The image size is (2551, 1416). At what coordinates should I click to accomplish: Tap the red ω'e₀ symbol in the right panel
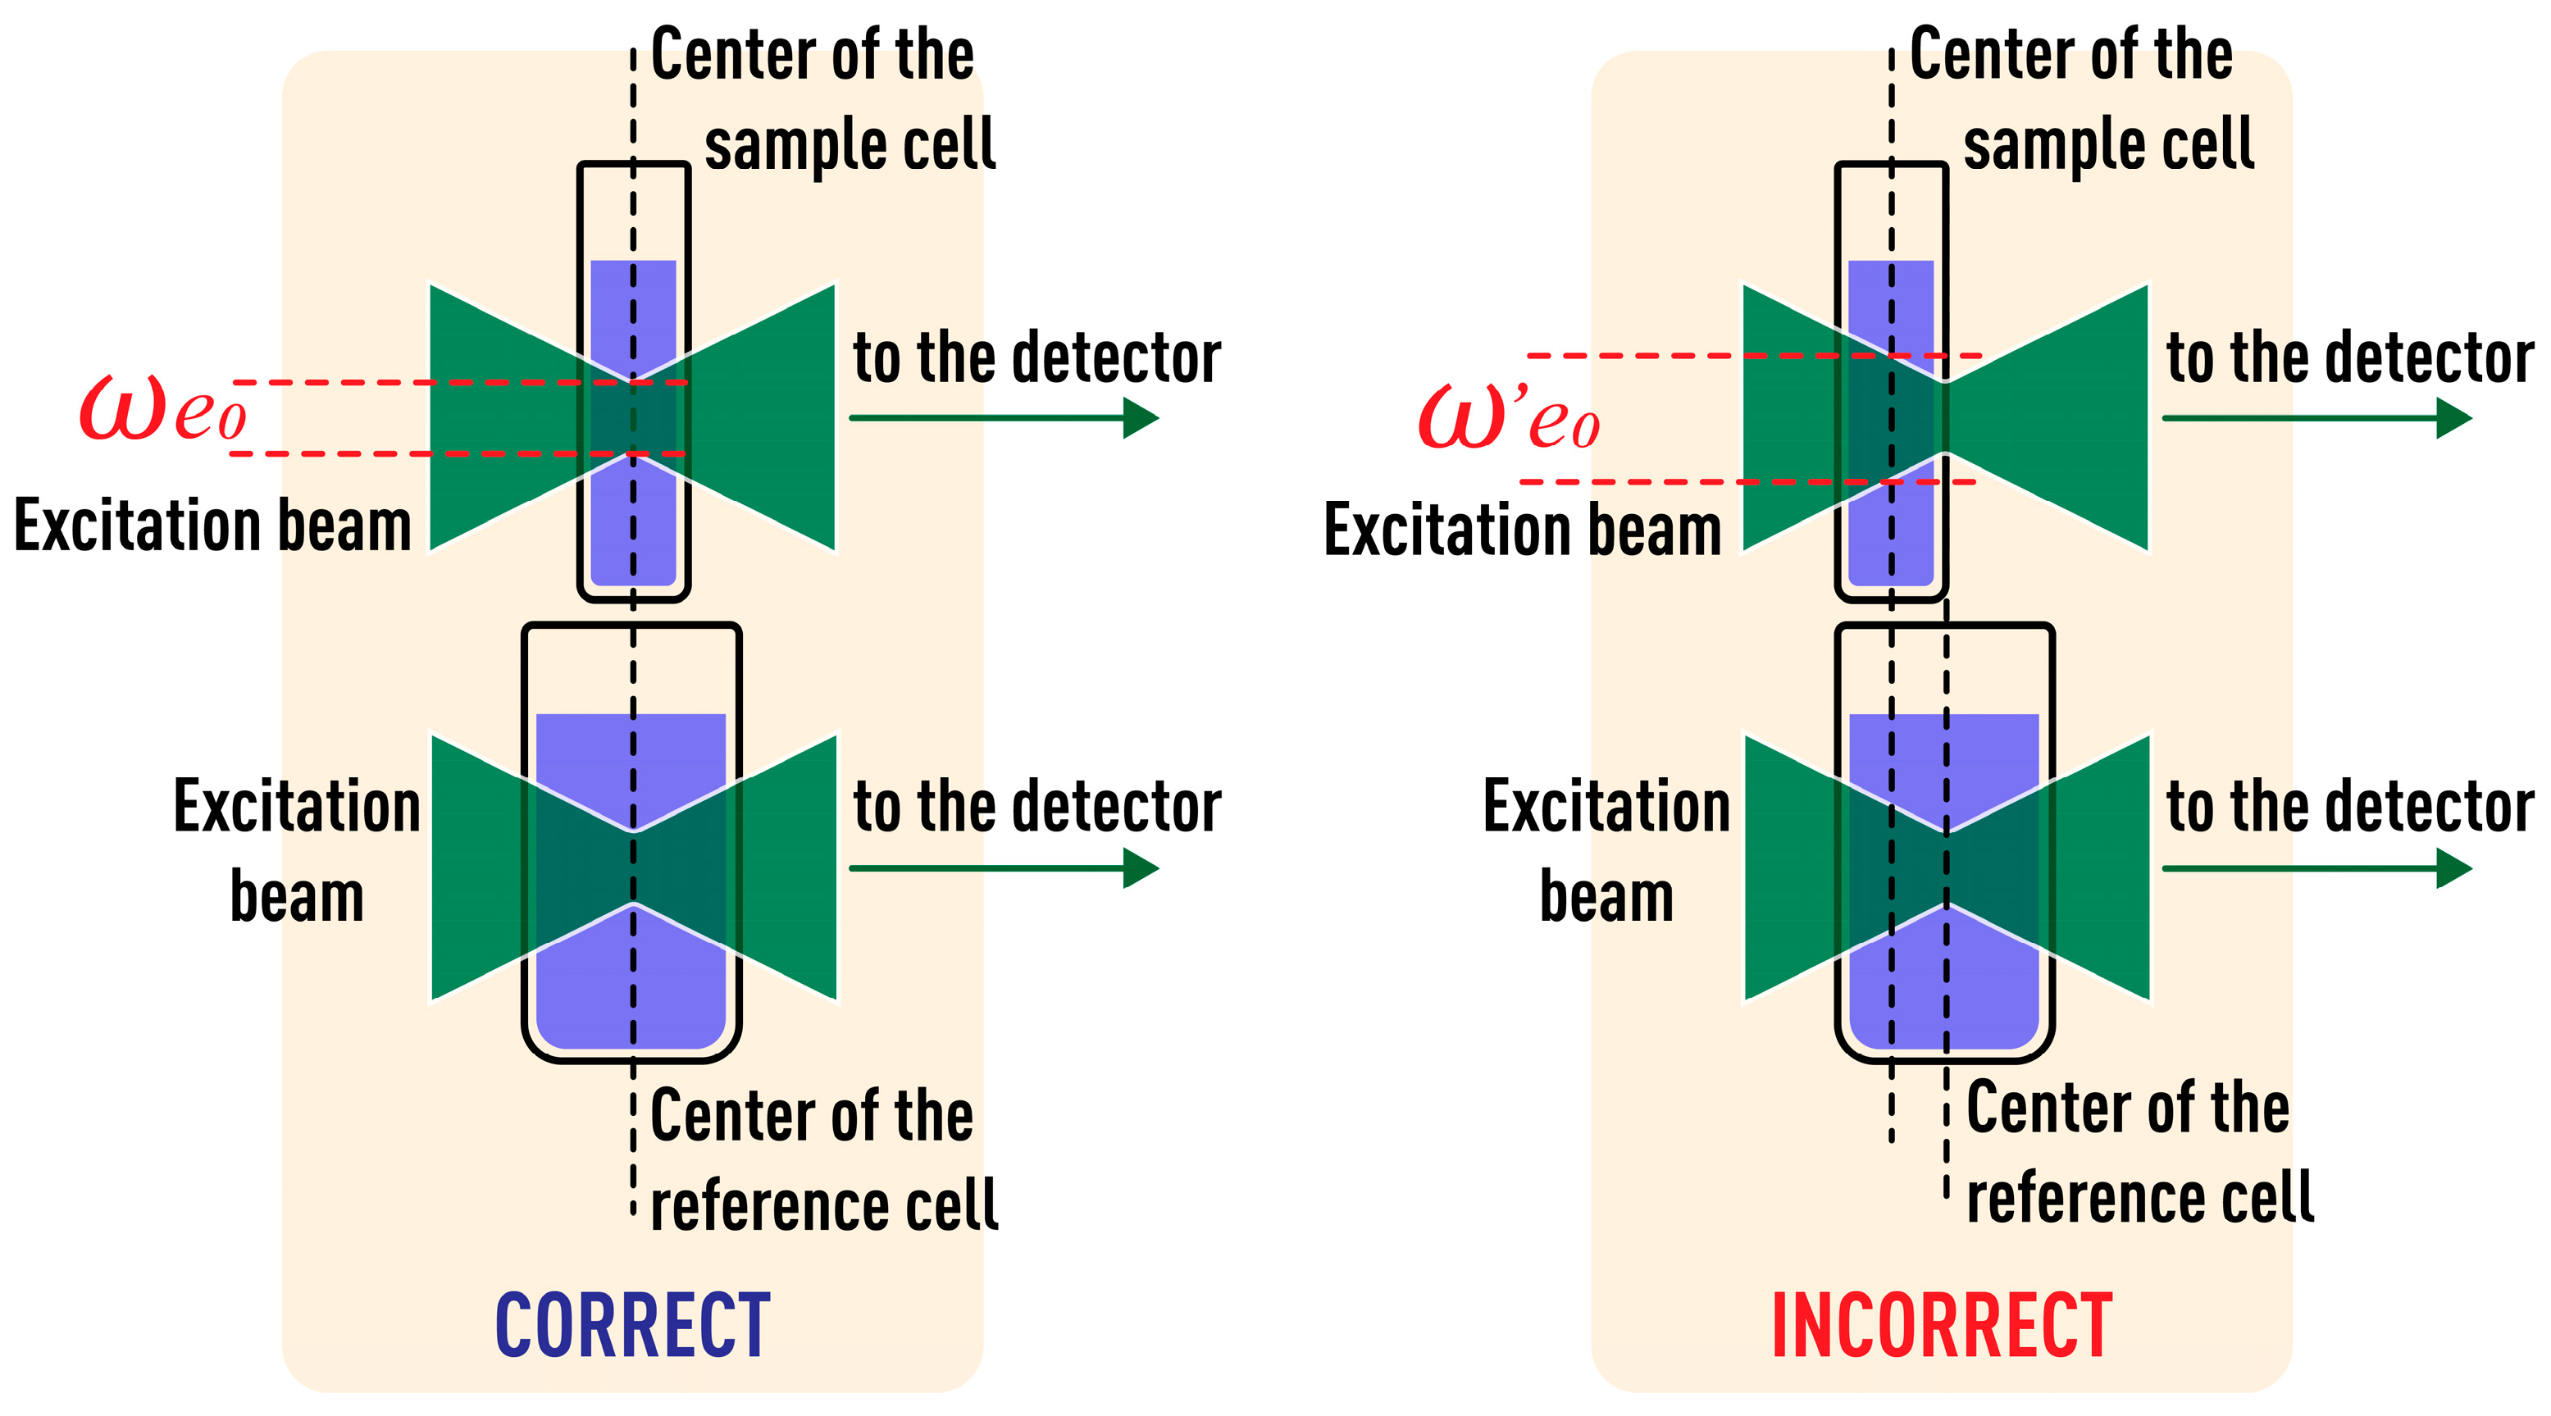point(1507,418)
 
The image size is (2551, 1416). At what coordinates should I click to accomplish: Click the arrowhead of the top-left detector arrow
point(1141,418)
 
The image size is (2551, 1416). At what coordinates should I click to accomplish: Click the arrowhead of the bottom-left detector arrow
point(1141,868)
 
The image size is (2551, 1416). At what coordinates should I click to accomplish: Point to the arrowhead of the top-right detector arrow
point(2454,418)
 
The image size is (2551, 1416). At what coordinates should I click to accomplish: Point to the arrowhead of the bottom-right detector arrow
point(2454,868)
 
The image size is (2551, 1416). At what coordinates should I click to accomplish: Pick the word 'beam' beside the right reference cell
point(1606,897)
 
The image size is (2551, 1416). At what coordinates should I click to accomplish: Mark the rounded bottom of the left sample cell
point(634,592)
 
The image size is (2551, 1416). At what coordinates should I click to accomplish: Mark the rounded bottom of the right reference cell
point(1945,1052)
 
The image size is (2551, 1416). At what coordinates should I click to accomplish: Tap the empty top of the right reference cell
point(1945,668)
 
